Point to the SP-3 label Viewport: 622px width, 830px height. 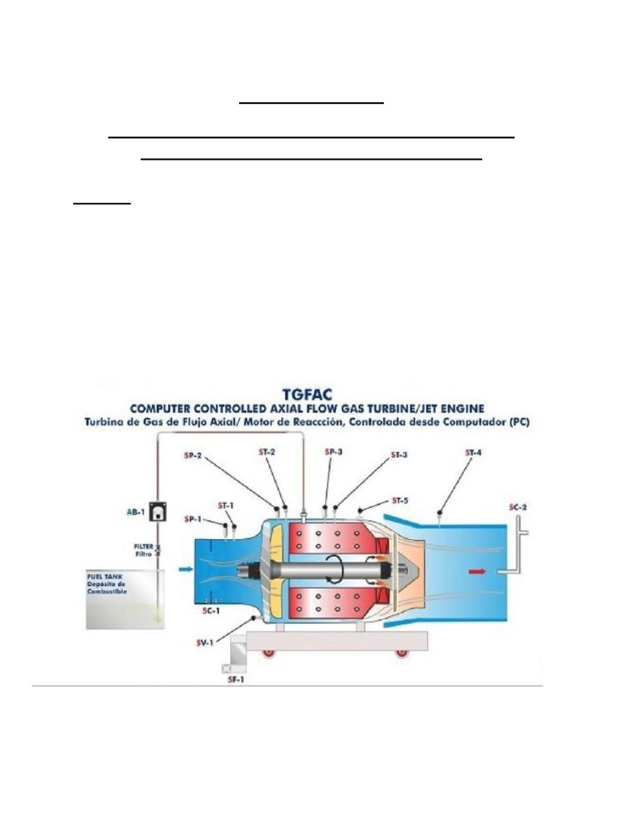[x=334, y=452]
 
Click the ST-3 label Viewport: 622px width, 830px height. [x=398, y=456]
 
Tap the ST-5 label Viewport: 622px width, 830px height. [x=400, y=499]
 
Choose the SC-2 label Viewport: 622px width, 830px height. [x=518, y=507]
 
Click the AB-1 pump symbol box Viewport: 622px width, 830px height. [x=158, y=513]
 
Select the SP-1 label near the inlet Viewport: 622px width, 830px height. [x=193, y=519]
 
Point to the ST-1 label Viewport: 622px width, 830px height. [x=226, y=506]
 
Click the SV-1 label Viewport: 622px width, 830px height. [x=206, y=643]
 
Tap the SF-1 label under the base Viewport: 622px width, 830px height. [x=236, y=679]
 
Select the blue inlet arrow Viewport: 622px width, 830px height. [x=185, y=571]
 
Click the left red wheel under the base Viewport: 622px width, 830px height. [x=268, y=653]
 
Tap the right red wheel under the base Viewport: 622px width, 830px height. [x=401, y=653]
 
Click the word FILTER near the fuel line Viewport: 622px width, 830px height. [x=143, y=546]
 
